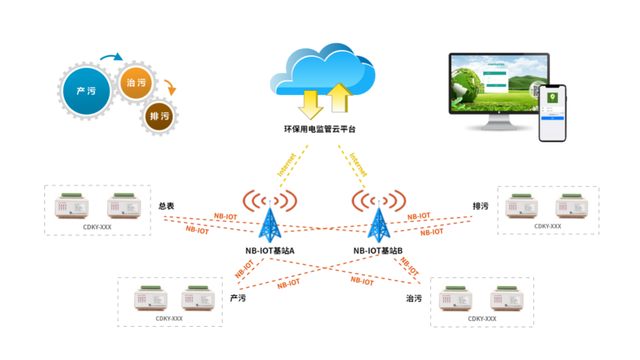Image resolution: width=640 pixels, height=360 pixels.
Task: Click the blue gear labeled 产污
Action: coord(86,91)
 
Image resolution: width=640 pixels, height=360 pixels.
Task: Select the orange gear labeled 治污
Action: coord(136,83)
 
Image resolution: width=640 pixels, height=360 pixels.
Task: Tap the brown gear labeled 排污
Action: coord(159,115)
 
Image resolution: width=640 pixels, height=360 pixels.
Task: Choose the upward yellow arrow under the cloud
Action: coord(338,99)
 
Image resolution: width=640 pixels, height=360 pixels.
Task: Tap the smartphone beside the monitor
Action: coord(552,112)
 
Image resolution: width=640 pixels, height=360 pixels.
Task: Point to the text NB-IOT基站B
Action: coord(378,251)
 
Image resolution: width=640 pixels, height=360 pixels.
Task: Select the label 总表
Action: coord(167,206)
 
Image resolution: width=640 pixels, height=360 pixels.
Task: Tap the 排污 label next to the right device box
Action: coord(480,206)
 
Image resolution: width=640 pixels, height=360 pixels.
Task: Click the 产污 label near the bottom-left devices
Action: coord(238,298)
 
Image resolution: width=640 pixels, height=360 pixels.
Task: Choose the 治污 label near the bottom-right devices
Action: coord(414,298)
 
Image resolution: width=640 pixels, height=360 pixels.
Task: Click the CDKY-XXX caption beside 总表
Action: coord(98,227)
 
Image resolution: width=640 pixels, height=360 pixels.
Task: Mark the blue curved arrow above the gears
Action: coord(111,58)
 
